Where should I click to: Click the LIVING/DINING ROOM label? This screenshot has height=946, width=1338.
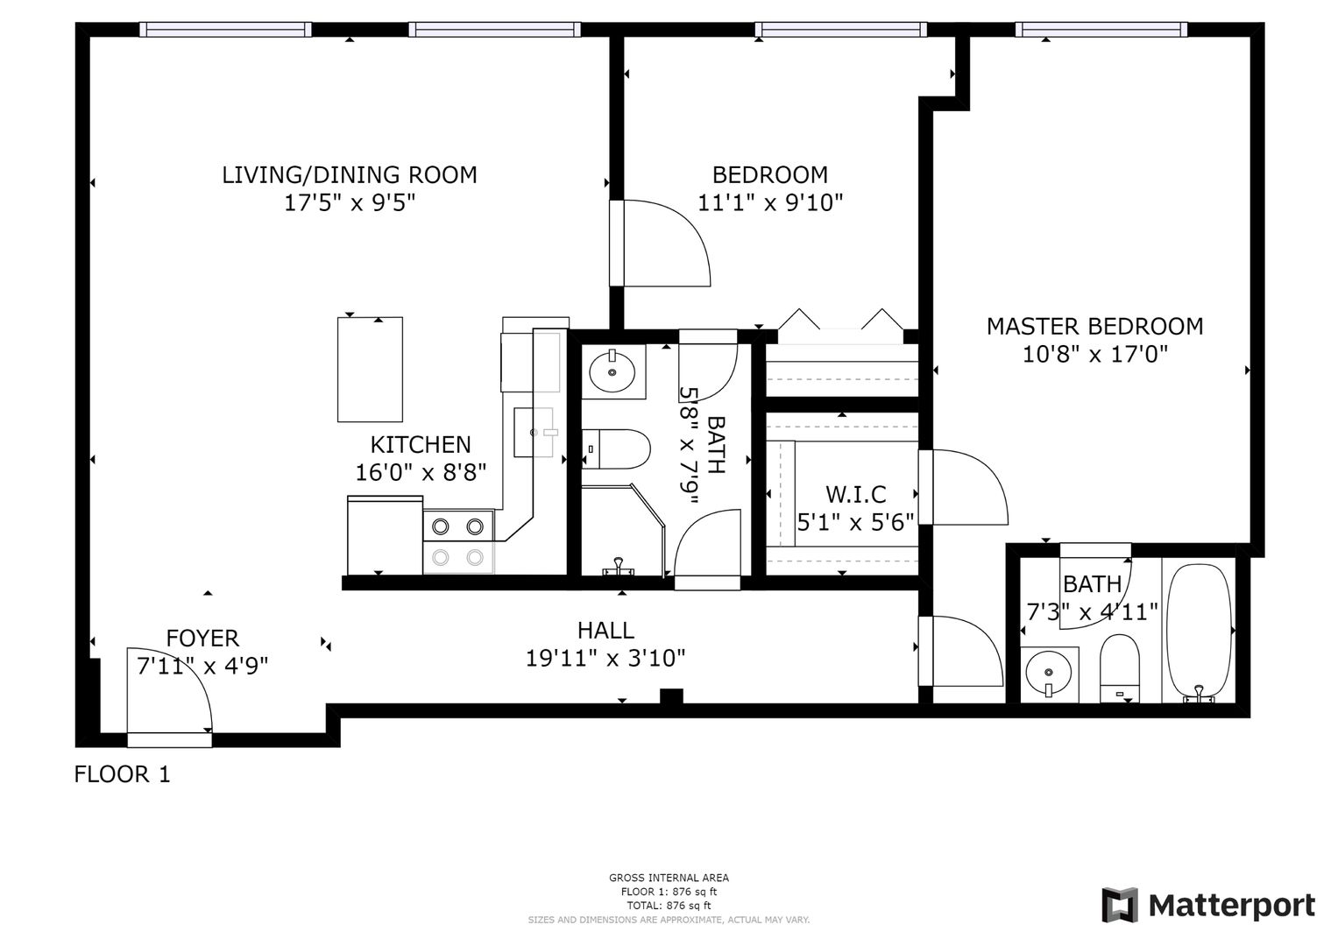click(x=350, y=175)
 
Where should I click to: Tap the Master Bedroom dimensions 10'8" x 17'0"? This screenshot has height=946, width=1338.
click(x=1095, y=355)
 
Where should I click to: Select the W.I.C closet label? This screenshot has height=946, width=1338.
click(x=856, y=495)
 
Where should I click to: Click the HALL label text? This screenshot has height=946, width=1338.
click(x=605, y=630)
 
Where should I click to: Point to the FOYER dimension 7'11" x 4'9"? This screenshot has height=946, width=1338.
click(x=202, y=666)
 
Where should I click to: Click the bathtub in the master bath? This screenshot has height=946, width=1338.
click(x=1200, y=632)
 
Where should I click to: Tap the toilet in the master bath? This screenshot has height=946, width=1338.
click(x=1119, y=668)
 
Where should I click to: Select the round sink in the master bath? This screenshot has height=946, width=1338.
click(x=1049, y=673)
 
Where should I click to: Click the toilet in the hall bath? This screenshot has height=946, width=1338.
click(x=616, y=449)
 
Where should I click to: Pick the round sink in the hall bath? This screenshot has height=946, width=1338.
click(x=612, y=371)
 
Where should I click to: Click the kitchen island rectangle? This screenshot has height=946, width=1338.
click(x=370, y=370)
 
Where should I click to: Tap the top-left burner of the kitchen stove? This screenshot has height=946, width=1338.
click(x=441, y=526)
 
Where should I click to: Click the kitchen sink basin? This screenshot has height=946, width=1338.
click(x=534, y=433)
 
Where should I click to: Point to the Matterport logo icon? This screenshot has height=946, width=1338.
click(x=1119, y=905)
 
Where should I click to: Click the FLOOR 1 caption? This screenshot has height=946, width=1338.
click(x=123, y=774)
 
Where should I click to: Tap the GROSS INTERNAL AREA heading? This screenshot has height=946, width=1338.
click(x=669, y=878)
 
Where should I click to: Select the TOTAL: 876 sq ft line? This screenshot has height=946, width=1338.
click(x=669, y=906)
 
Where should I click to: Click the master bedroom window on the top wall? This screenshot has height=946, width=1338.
click(x=1101, y=29)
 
